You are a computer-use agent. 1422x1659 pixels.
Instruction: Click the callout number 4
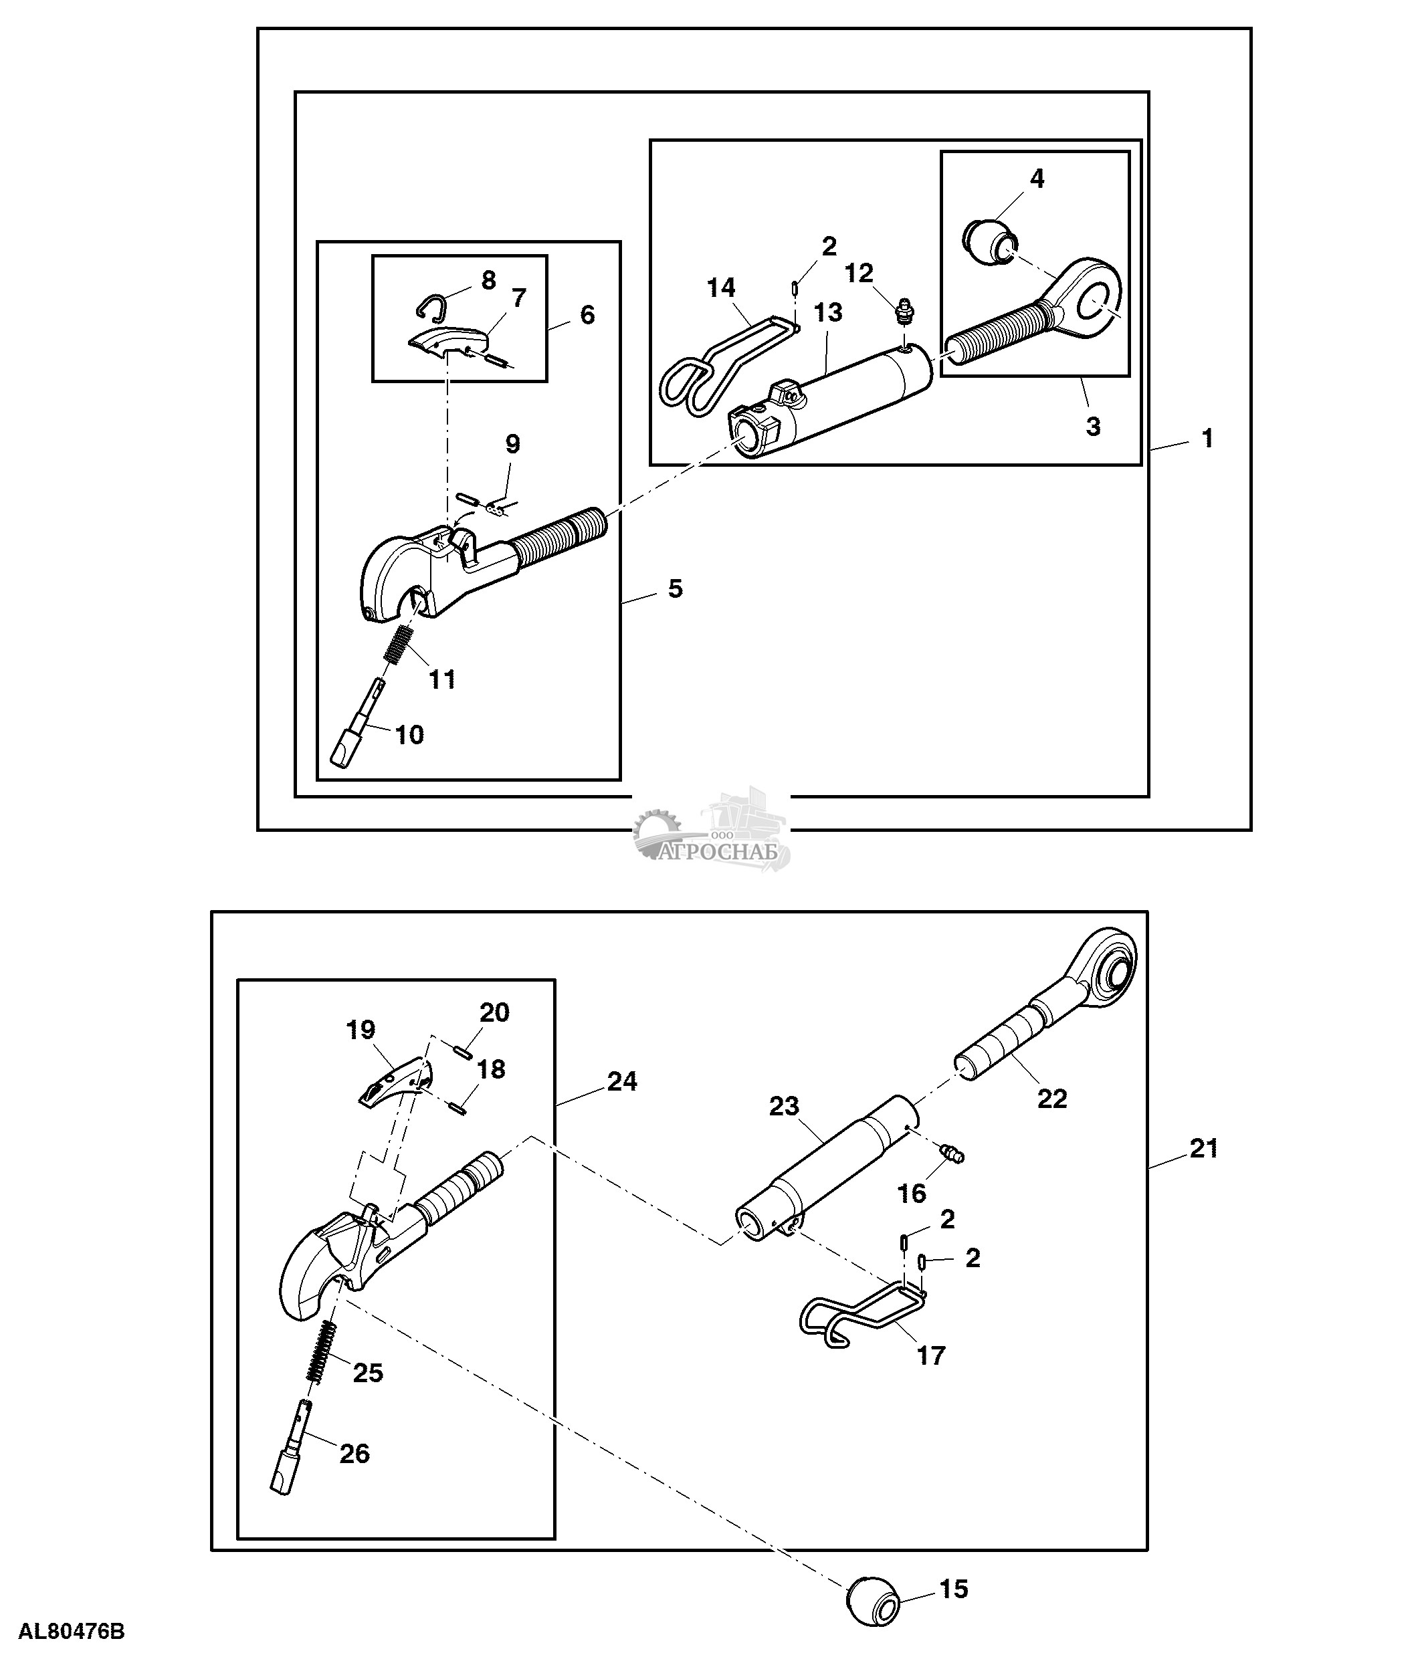[x=1037, y=179]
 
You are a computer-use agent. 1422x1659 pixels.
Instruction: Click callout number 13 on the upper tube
[x=828, y=313]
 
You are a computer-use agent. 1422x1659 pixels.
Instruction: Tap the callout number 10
[x=410, y=734]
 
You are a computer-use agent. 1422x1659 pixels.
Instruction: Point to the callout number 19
[x=361, y=1030]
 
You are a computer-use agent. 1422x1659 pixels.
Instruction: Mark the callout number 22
[x=1052, y=1099]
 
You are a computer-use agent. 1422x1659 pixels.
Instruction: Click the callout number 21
[x=1203, y=1148]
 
